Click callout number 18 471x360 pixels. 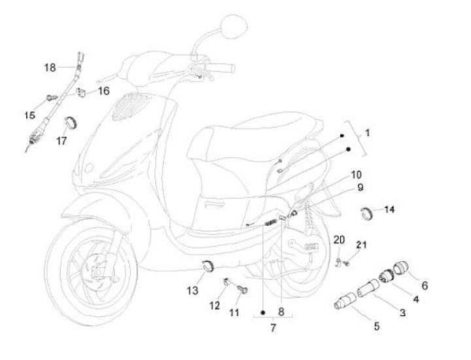(x=50, y=67)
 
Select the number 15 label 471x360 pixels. (x=30, y=115)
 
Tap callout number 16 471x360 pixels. (x=104, y=91)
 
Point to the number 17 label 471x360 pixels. (x=61, y=140)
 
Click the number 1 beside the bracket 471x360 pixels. (x=368, y=133)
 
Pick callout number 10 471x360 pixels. (x=355, y=175)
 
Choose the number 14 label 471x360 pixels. (x=390, y=209)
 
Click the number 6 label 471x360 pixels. (x=425, y=285)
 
